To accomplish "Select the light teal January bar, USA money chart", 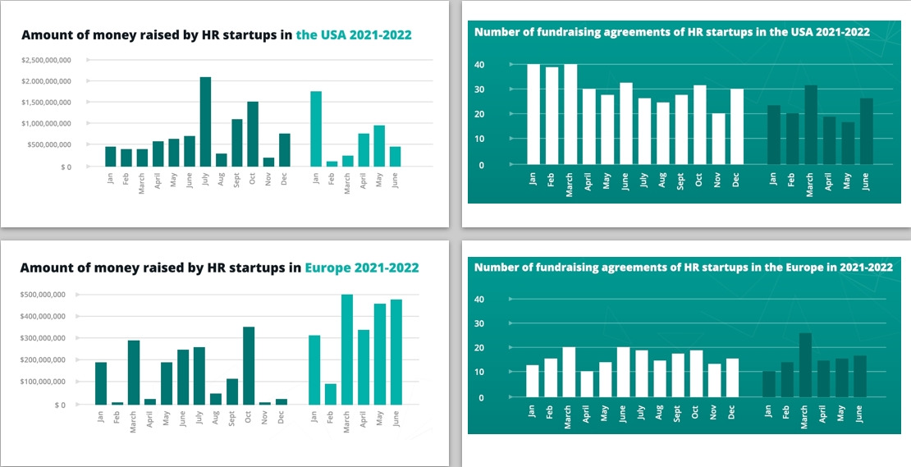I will coord(316,129).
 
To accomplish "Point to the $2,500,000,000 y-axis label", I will coord(48,60).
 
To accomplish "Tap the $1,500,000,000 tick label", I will coord(48,103).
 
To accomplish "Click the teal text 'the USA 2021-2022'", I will coord(354,35).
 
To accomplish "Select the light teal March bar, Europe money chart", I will coord(347,349).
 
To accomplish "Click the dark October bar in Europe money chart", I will coord(249,365).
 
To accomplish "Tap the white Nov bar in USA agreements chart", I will coord(719,139).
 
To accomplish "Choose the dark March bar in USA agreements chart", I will coord(811,125).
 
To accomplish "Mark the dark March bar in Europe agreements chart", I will coord(806,365).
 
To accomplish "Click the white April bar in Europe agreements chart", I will coord(586,384).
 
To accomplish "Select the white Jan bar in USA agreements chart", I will coord(533,114).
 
